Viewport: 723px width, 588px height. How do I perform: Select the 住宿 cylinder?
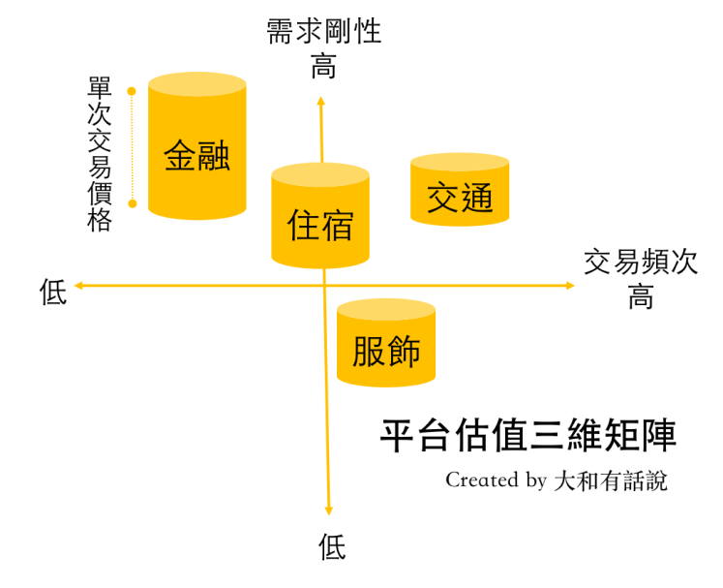click(x=320, y=218)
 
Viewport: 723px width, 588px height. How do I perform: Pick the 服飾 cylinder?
click(x=385, y=344)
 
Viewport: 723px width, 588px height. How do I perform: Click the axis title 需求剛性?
click(x=324, y=31)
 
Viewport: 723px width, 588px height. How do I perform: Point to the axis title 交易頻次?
click(x=641, y=263)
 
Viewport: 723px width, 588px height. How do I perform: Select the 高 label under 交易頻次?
click(x=641, y=295)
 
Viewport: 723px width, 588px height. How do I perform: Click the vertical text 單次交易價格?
click(x=100, y=155)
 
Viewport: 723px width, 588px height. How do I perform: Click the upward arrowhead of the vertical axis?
click(x=321, y=99)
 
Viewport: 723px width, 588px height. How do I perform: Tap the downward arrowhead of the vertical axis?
click(x=329, y=511)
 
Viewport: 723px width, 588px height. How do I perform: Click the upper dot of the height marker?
click(x=133, y=91)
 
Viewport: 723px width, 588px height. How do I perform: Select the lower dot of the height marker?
click(x=133, y=203)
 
